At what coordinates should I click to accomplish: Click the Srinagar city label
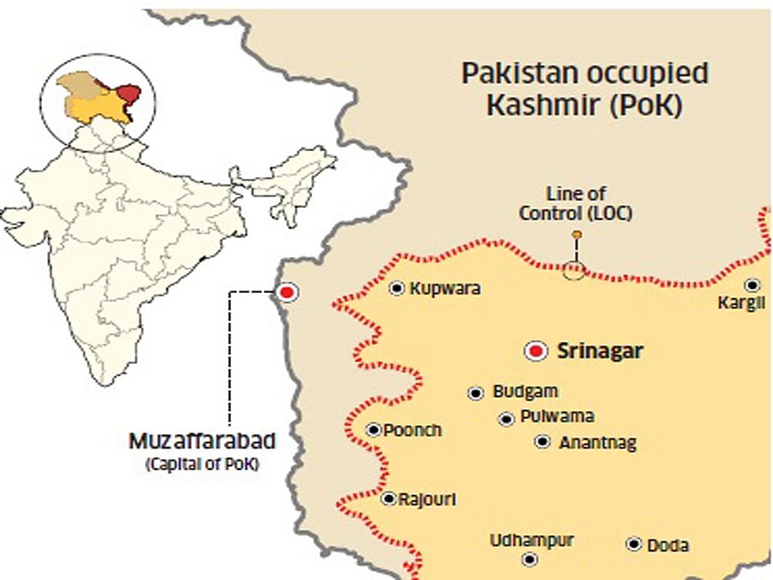[600, 351]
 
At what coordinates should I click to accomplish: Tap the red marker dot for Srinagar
[538, 351]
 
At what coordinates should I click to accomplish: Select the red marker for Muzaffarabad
[287, 292]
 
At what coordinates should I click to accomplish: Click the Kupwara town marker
[397, 289]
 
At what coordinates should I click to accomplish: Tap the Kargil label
[744, 304]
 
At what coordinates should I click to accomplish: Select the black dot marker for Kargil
[752, 285]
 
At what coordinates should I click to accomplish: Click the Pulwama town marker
[507, 418]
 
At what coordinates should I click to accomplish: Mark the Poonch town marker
[374, 430]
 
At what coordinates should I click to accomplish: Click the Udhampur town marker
[530, 559]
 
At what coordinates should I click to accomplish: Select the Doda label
[667, 545]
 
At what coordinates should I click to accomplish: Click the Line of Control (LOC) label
[575, 205]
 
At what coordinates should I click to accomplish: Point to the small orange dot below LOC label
[576, 235]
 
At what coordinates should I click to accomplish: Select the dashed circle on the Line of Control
[574, 272]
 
